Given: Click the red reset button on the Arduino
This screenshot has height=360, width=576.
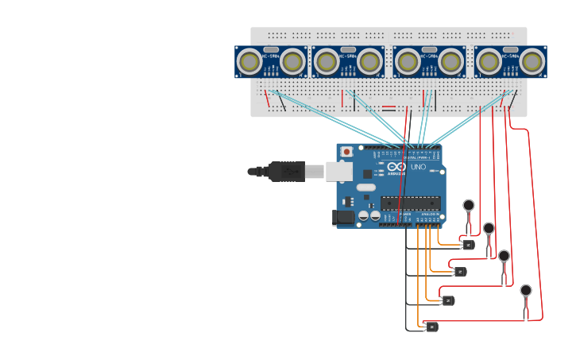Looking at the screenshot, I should (346, 151).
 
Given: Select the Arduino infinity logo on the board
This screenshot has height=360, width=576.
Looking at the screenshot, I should (397, 167).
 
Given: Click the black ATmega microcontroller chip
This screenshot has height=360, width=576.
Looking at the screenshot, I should (410, 203).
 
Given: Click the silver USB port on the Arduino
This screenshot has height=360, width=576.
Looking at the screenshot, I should (338, 171).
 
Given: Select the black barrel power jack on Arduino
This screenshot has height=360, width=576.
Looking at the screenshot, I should (343, 217).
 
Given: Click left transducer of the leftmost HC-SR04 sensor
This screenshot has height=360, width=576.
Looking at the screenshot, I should (250, 61).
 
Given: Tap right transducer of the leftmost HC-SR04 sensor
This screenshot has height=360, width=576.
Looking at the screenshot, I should (292, 61).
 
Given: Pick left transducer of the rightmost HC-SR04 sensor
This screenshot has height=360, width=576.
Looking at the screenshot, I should (489, 61).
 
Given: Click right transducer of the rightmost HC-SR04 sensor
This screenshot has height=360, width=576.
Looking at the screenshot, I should (531, 61).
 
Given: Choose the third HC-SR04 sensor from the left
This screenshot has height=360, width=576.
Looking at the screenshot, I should (429, 61).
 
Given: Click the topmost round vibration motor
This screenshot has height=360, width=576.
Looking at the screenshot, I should (469, 205).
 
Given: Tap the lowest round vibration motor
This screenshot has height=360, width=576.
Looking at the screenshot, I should (526, 290).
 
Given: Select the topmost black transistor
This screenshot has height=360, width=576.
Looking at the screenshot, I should (469, 245).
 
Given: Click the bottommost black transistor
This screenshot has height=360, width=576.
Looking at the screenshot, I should (431, 327).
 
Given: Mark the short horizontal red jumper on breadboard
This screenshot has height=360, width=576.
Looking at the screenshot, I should (389, 107).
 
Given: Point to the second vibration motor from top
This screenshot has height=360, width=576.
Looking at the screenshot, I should (489, 228).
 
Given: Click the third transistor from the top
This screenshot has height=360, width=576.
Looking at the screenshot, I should (448, 300).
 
